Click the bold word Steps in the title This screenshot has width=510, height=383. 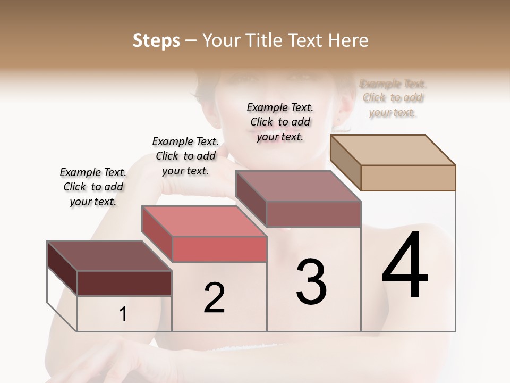156,40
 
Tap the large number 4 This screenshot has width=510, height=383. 405,266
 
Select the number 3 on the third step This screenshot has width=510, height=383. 311,282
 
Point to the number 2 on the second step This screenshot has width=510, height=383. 215,298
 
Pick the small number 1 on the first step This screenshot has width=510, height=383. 123,314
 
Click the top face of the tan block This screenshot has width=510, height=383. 393,149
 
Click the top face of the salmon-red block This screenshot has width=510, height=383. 204,221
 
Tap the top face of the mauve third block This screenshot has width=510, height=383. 298,186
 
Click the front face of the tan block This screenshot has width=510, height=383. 408,178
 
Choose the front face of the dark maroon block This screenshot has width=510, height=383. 124,283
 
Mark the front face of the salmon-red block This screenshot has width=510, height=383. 219,249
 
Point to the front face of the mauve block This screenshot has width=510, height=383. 313,214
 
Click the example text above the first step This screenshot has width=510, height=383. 93,187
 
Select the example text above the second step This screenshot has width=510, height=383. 185,156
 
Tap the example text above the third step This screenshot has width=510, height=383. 280,122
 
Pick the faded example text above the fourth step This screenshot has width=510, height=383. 393,98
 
